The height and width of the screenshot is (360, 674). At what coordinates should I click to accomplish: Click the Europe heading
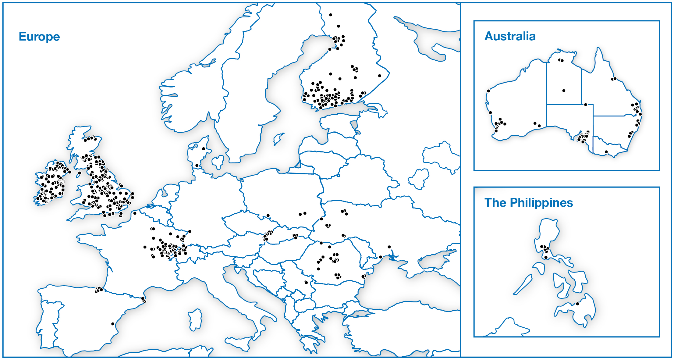[39, 37]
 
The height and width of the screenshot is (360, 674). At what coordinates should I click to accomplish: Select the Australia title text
[510, 36]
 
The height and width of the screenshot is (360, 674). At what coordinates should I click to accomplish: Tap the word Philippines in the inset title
[541, 203]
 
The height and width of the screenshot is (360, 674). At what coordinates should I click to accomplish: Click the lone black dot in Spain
[113, 324]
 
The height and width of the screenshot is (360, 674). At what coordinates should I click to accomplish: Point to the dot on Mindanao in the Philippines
[577, 304]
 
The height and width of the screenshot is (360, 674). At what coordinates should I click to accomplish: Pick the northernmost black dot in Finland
[331, 15]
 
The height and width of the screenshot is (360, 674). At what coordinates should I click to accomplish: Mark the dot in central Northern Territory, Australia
[564, 91]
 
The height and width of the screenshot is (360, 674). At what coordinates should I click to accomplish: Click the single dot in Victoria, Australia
[606, 152]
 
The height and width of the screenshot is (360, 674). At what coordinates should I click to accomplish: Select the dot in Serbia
[306, 283]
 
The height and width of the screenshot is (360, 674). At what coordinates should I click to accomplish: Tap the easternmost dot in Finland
[379, 76]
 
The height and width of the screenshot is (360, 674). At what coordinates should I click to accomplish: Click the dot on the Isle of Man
[80, 173]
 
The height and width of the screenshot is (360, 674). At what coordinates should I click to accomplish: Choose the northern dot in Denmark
[204, 149]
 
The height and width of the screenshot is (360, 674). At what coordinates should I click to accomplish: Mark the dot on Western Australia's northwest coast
[488, 91]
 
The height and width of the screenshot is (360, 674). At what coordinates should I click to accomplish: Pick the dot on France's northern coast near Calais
[135, 213]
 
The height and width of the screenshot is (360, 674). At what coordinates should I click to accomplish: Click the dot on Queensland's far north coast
[614, 79]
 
